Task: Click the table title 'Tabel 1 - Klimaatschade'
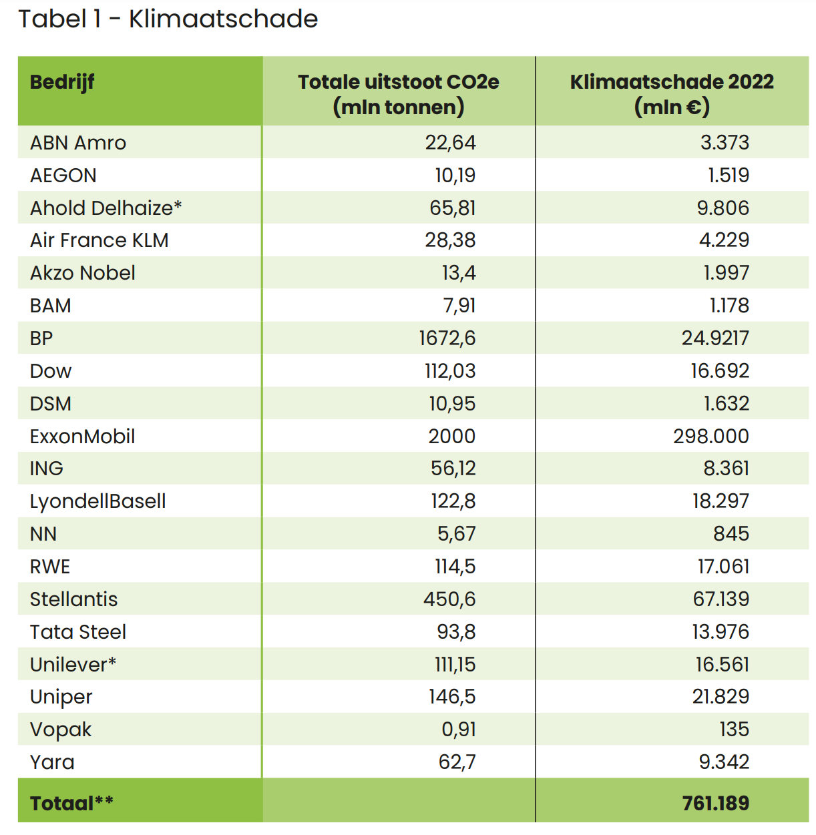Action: (168, 19)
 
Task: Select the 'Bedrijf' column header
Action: (62, 82)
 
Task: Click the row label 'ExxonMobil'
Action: (82, 437)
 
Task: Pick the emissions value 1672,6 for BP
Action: (447, 338)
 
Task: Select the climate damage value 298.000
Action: (710, 437)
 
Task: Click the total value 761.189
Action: (715, 803)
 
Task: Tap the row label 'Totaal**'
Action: (71, 803)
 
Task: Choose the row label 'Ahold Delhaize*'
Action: (106, 208)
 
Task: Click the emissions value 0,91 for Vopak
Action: (458, 730)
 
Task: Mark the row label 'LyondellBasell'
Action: (97, 501)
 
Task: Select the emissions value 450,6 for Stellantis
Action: (449, 599)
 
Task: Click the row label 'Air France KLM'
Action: (99, 240)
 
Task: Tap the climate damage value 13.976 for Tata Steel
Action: (720, 632)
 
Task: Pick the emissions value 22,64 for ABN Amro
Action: (450, 143)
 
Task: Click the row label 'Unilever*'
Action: (73, 665)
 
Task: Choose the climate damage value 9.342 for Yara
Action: (724, 762)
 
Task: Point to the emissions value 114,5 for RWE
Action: (455, 567)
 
